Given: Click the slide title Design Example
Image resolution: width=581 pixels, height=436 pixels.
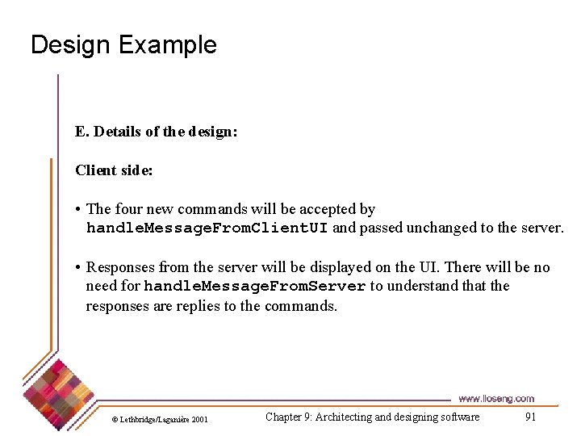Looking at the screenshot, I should click(x=123, y=44).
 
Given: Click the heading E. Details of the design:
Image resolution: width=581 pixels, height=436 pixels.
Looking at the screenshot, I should click(x=156, y=132).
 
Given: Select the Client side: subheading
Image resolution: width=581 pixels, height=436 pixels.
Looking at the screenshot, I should click(x=114, y=170).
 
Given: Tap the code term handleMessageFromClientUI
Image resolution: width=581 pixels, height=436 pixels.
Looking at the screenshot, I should click(x=207, y=228).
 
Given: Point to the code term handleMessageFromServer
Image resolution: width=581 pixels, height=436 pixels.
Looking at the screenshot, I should click(x=255, y=287).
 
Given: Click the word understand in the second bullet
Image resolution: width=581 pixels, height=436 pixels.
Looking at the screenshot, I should click(x=417, y=286).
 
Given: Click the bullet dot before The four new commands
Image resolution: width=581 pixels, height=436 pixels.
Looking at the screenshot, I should click(x=79, y=210).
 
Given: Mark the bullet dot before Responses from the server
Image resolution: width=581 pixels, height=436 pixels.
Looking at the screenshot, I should click(x=79, y=268).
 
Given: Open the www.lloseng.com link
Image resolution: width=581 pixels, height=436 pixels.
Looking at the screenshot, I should click(x=495, y=399).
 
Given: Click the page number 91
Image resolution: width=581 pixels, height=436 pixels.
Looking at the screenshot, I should click(x=530, y=417).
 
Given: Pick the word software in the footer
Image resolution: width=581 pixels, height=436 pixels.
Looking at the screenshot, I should click(x=457, y=417).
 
